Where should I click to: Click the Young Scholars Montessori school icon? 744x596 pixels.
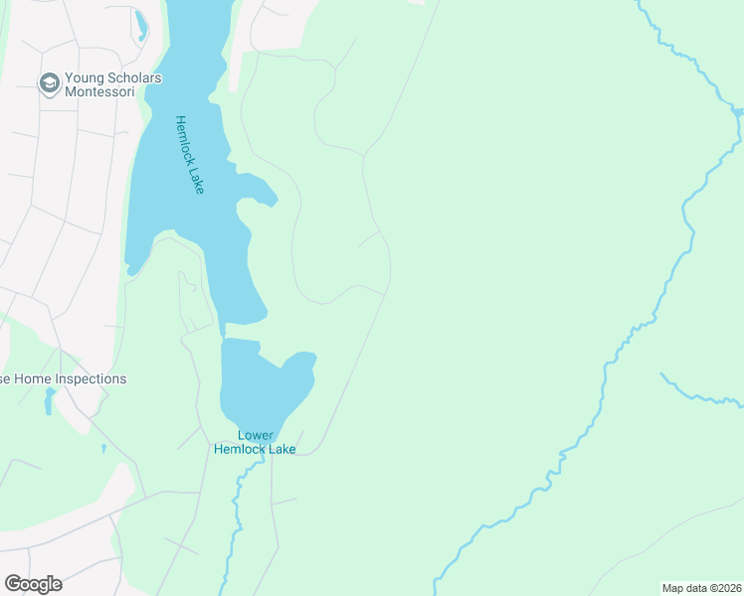[x=49, y=83]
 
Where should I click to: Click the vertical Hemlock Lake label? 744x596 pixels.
[x=189, y=154]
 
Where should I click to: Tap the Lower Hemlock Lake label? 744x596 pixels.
[x=255, y=441]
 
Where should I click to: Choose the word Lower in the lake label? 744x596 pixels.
[x=255, y=435]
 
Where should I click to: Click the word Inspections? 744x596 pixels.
[x=93, y=378]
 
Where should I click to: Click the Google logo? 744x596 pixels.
[x=33, y=584]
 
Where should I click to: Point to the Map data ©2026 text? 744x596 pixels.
[x=701, y=588]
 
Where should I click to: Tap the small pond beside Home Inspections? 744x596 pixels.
[x=49, y=400]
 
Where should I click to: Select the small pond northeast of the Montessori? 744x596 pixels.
[x=140, y=24]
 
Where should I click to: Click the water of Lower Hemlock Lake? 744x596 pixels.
[x=254, y=387]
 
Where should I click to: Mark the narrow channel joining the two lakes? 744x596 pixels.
[x=223, y=330]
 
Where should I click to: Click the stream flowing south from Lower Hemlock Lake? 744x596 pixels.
[x=237, y=517]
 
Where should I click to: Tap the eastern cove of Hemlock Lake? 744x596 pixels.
[x=261, y=189]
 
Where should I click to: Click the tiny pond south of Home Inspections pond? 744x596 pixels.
[x=103, y=449]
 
